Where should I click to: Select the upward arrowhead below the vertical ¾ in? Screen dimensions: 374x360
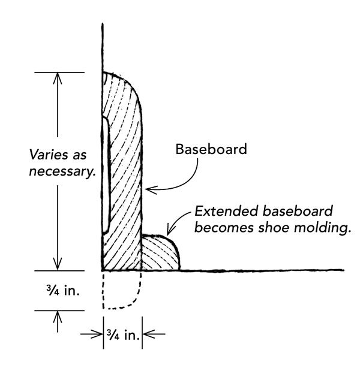58,316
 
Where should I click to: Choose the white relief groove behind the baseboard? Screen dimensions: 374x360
104,174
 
